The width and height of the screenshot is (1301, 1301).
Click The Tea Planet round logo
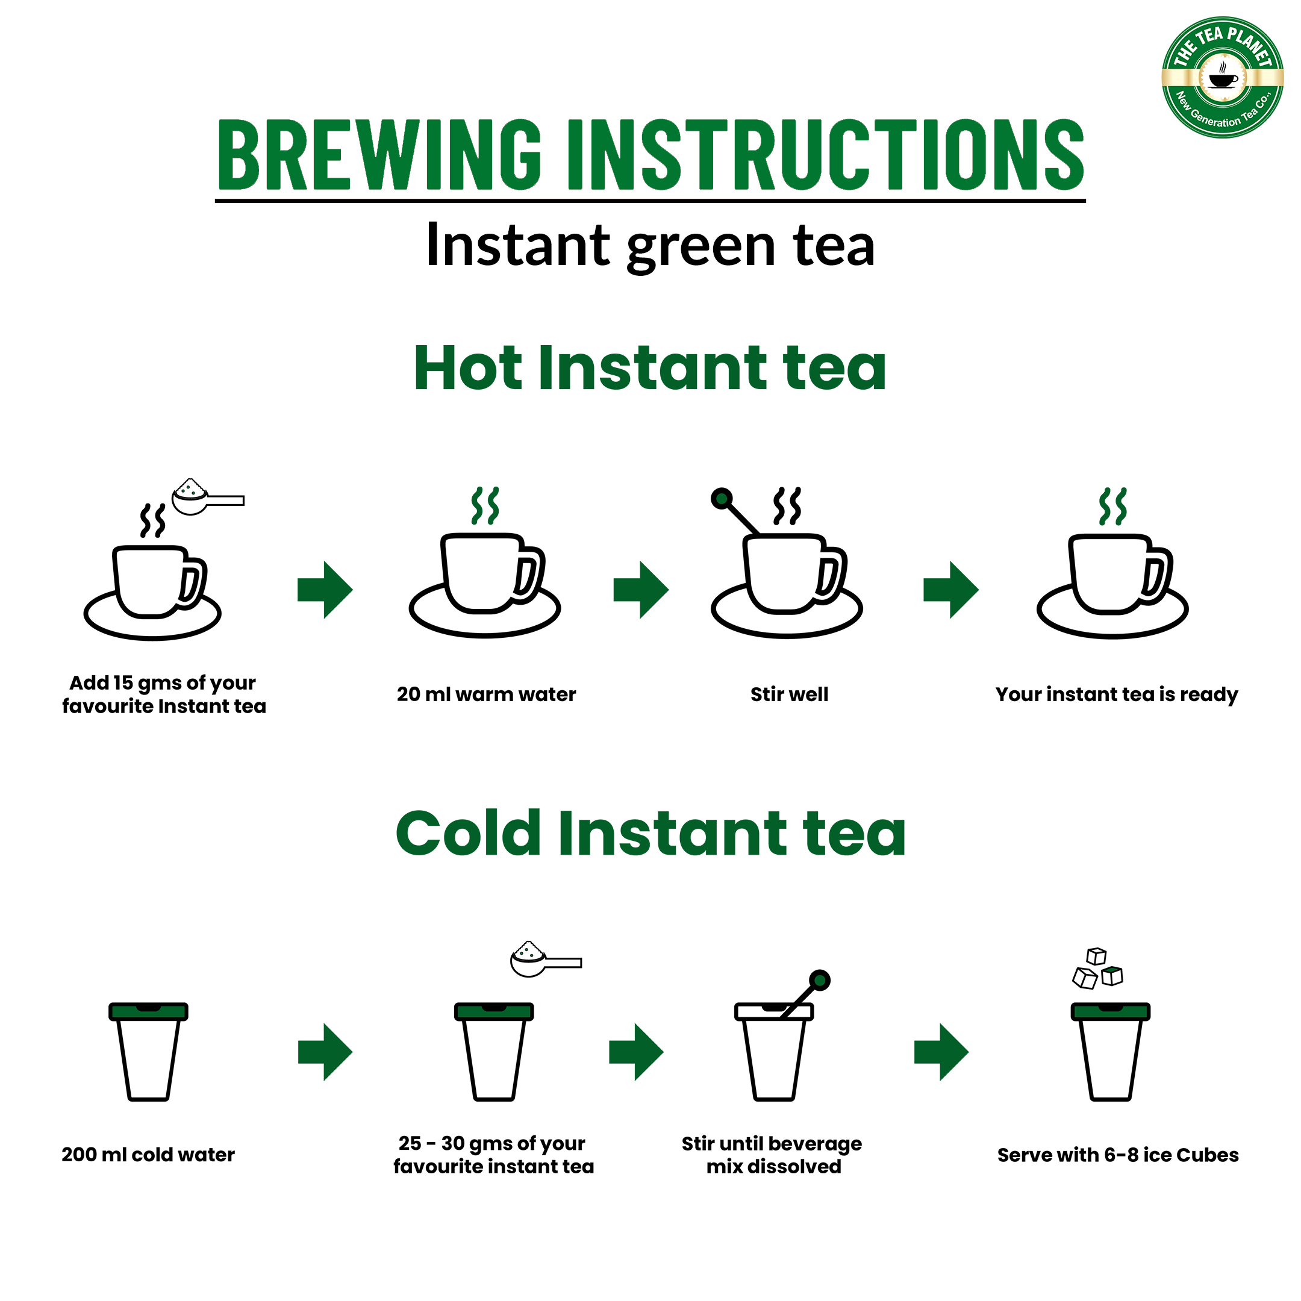(1221, 78)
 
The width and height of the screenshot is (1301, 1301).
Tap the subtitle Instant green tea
(650, 246)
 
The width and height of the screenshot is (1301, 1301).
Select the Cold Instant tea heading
(650, 834)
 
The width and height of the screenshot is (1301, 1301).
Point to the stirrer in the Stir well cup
(737, 512)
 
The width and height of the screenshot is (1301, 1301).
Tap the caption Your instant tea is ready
(1116, 694)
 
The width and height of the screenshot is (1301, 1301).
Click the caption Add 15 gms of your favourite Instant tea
(164, 694)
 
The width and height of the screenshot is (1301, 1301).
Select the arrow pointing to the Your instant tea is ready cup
(950, 589)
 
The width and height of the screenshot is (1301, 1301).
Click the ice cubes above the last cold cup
(1097, 970)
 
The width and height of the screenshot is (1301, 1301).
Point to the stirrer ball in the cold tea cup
(820, 981)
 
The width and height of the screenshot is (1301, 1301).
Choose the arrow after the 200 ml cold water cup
(325, 1052)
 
